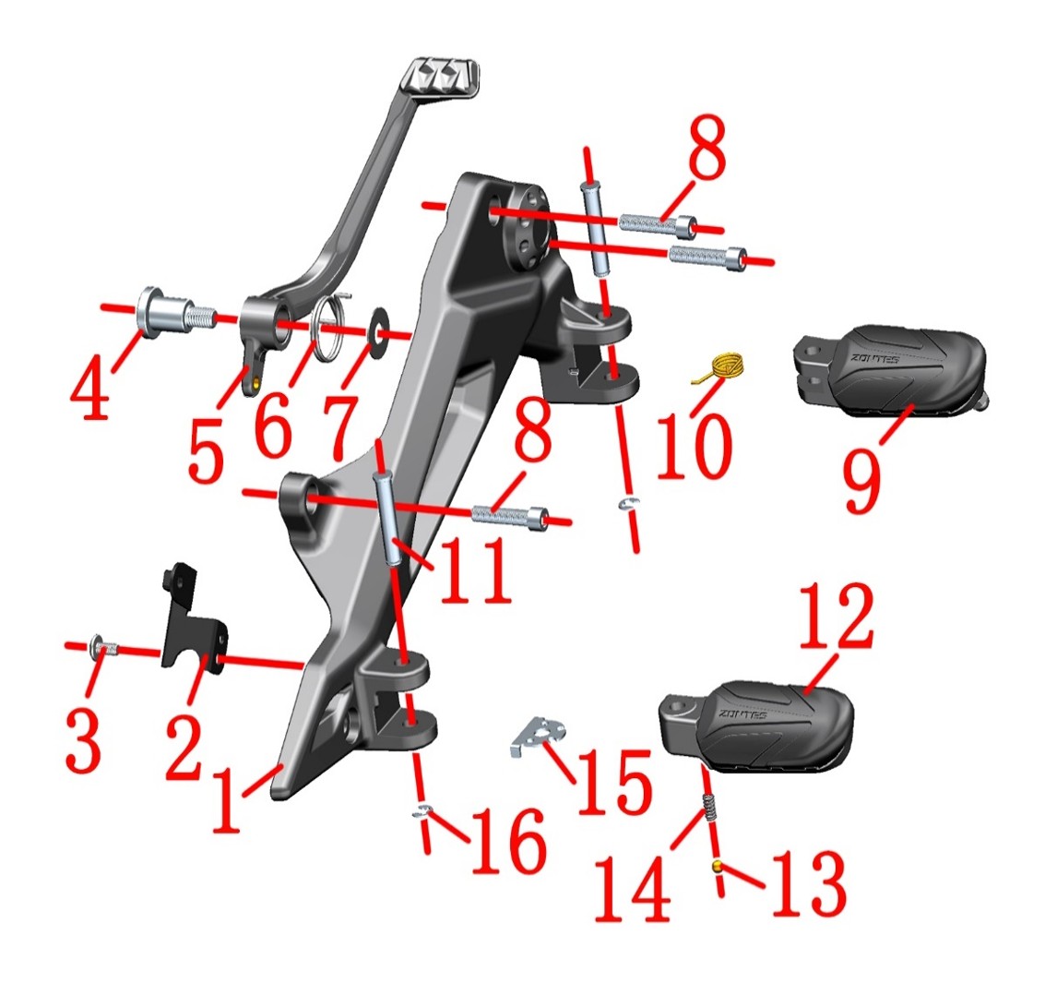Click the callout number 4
[x=91, y=393]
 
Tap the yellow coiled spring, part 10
[x=722, y=367]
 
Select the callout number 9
[x=861, y=481]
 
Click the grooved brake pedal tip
[x=442, y=78]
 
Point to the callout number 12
[x=837, y=616]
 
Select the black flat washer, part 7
[x=379, y=322]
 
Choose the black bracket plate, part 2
[x=192, y=621]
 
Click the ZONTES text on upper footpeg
[x=873, y=359]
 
